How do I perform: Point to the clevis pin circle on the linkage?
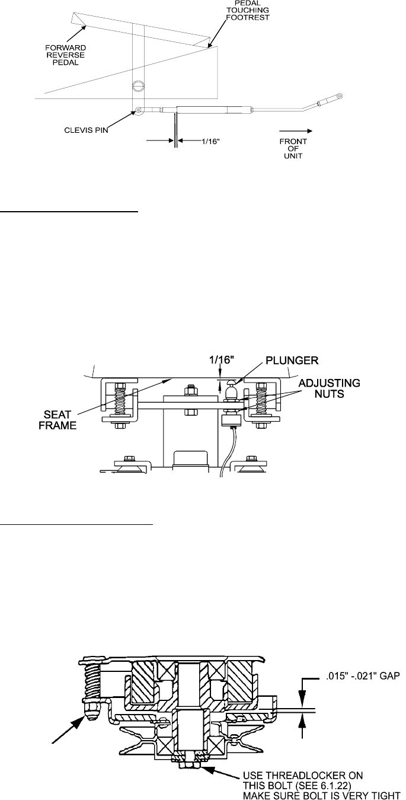tap(138, 110)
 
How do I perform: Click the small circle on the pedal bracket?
tap(138, 85)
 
